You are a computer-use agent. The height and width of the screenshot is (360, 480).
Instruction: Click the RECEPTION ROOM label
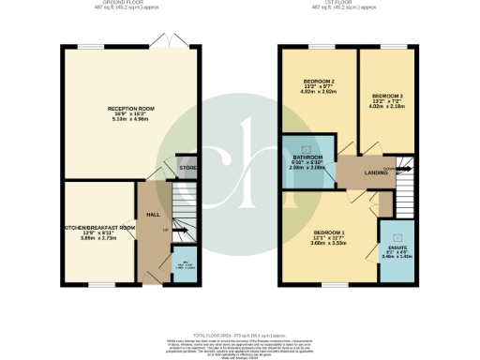[130, 109]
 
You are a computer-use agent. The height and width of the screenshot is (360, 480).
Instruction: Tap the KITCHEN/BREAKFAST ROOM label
[97, 228]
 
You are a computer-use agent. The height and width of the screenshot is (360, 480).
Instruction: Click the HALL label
[153, 215]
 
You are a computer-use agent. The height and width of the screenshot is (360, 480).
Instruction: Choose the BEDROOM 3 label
[387, 97]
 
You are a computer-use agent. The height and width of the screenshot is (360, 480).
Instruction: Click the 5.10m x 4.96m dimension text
[130, 120]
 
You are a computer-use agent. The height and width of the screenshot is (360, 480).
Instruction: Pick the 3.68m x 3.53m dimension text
[329, 242]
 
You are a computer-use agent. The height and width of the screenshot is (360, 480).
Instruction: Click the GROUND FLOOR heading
[130, 5]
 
